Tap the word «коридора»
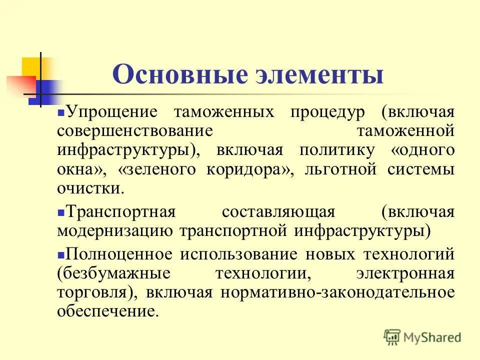pyautogui.click(x=248, y=170)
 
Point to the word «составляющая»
pyautogui.click(x=278, y=212)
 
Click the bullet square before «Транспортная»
pyautogui.click(x=60, y=212)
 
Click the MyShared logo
pyautogui.click(x=422, y=336)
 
